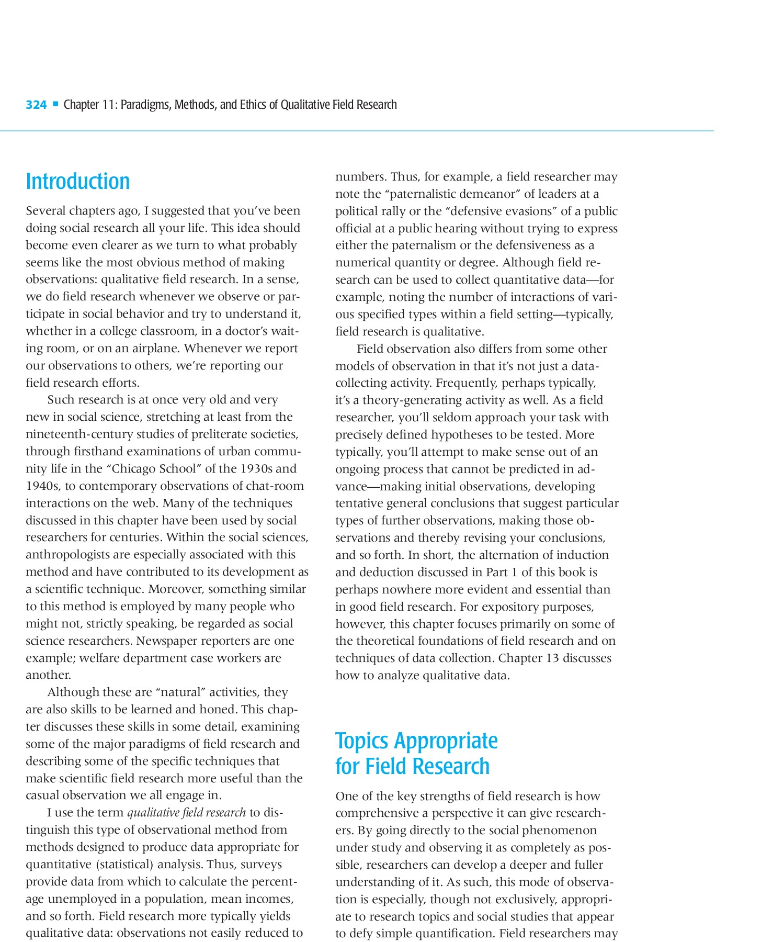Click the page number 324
click(x=36, y=105)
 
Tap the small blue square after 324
click(x=55, y=104)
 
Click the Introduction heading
click(x=78, y=182)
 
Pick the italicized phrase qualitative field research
click(x=186, y=812)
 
